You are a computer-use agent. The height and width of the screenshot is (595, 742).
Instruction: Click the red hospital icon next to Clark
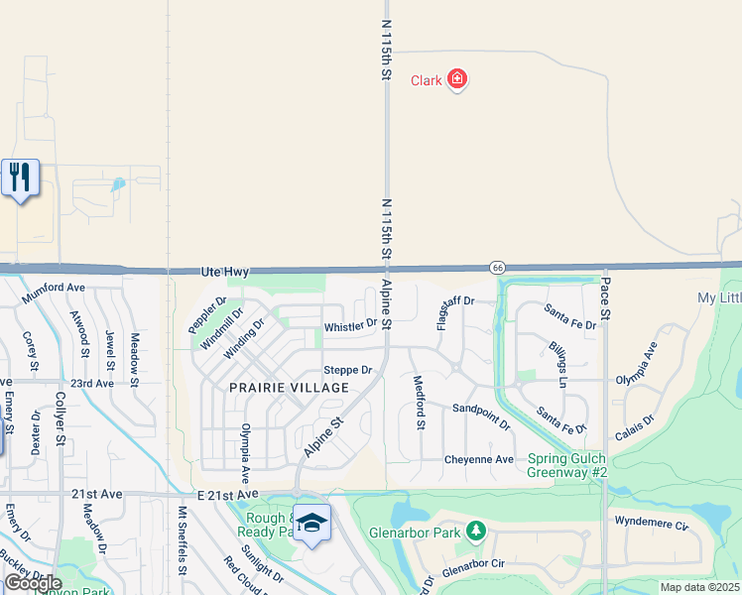click(x=456, y=79)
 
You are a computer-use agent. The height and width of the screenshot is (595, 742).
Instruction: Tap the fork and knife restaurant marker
click(x=20, y=178)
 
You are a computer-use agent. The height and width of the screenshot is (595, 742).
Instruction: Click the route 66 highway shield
click(x=497, y=268)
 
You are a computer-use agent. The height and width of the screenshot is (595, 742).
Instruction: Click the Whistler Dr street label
click(x=351, y=325)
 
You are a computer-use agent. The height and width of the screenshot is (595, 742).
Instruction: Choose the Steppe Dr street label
click(x=348, y=370)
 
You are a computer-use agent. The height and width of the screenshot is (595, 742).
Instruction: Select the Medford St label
click(x=419, y=403)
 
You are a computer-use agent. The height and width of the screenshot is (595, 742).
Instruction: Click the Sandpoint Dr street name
click(x=481, y=416)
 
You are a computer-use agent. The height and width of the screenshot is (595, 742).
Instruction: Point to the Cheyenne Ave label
click(x=479, y=459)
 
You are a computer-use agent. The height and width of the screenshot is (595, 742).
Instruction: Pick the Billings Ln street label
click(x=557, y=365)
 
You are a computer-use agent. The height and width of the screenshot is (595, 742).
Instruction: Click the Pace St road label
click(x=604, y=297)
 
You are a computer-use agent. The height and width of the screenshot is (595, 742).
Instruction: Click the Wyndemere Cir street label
click(x=650, y=523)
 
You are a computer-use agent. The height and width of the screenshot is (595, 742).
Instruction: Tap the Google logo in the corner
click(x=33, y=583)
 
